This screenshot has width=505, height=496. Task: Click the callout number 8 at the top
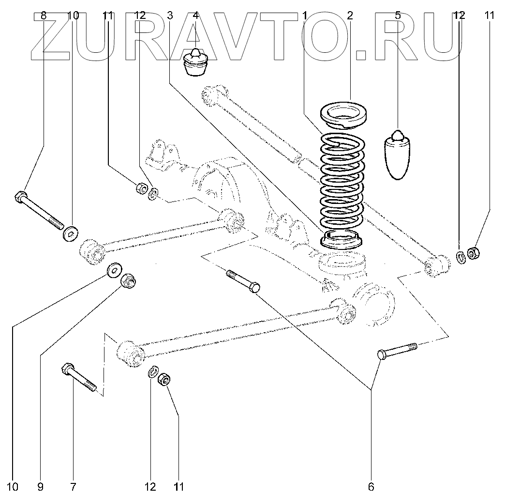tap(44, 15)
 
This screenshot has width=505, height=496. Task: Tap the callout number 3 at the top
tap(170, 15)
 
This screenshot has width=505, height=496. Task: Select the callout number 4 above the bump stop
tap(195, 15)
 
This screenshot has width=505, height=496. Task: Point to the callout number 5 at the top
tap(398, 15)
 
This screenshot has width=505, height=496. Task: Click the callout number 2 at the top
tap(349, 15)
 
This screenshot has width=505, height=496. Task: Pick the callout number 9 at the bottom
tap(41, 486)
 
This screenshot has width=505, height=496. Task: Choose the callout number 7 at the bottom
tap(74, 486)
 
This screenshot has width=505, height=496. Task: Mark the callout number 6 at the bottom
tap(371, 486)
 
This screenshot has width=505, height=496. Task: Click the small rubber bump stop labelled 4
tap(196, 63)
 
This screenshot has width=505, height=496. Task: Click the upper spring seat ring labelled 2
tap(345, 115)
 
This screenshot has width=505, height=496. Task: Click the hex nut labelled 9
tap(128, 280)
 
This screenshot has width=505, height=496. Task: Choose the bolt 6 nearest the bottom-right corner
tap(398, 350)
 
